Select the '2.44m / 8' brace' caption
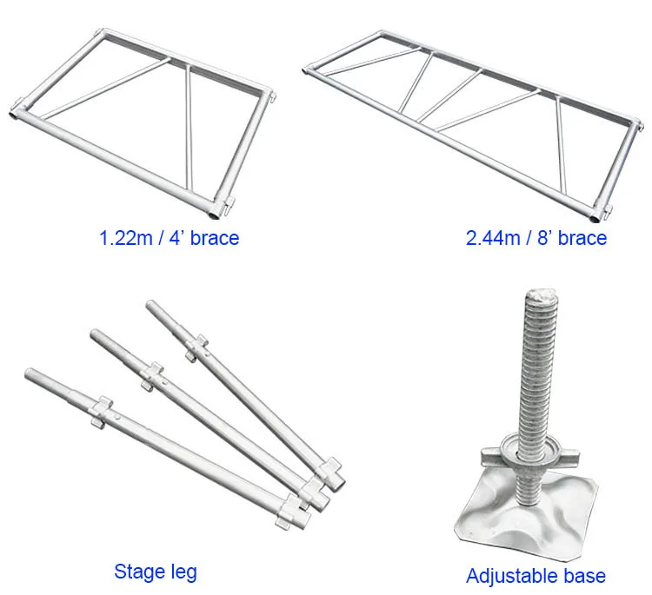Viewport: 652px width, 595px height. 536,238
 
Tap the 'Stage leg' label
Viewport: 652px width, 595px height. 156,571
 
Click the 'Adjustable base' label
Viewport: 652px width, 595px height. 536,575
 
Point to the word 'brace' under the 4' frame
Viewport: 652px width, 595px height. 213,238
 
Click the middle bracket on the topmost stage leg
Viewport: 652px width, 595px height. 196,346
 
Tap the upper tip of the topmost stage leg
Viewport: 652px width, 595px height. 151,306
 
